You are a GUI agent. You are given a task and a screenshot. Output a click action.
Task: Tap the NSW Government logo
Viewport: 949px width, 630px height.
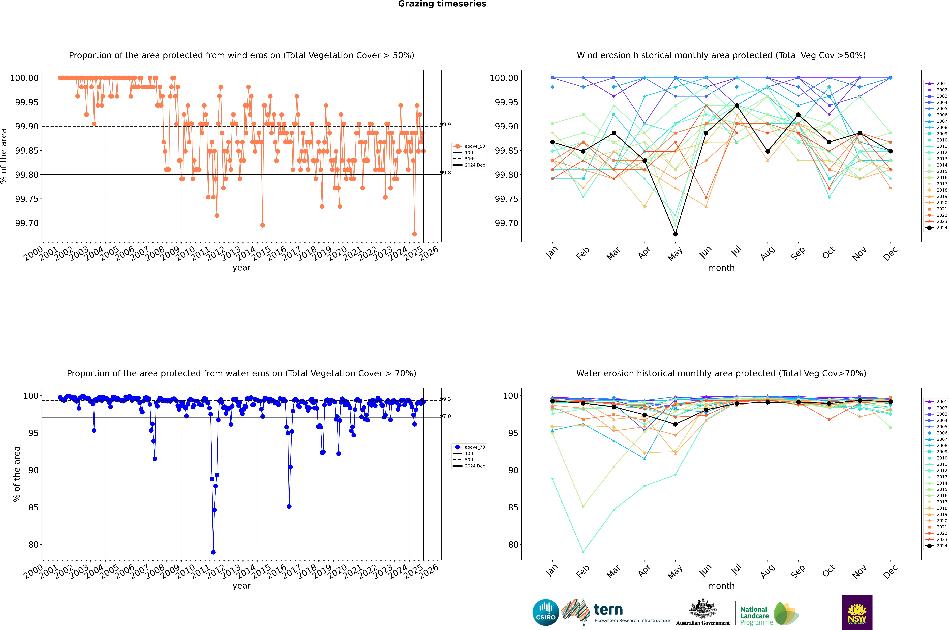[x=857, y=612]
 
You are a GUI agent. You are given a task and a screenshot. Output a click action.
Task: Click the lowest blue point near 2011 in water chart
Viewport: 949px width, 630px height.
[x=213, y=552]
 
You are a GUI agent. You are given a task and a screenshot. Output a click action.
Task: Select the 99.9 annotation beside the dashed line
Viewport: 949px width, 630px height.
[x=445, y=125]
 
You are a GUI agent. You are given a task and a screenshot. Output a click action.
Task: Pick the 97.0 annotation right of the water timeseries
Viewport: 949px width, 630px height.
[x=445, y=416]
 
